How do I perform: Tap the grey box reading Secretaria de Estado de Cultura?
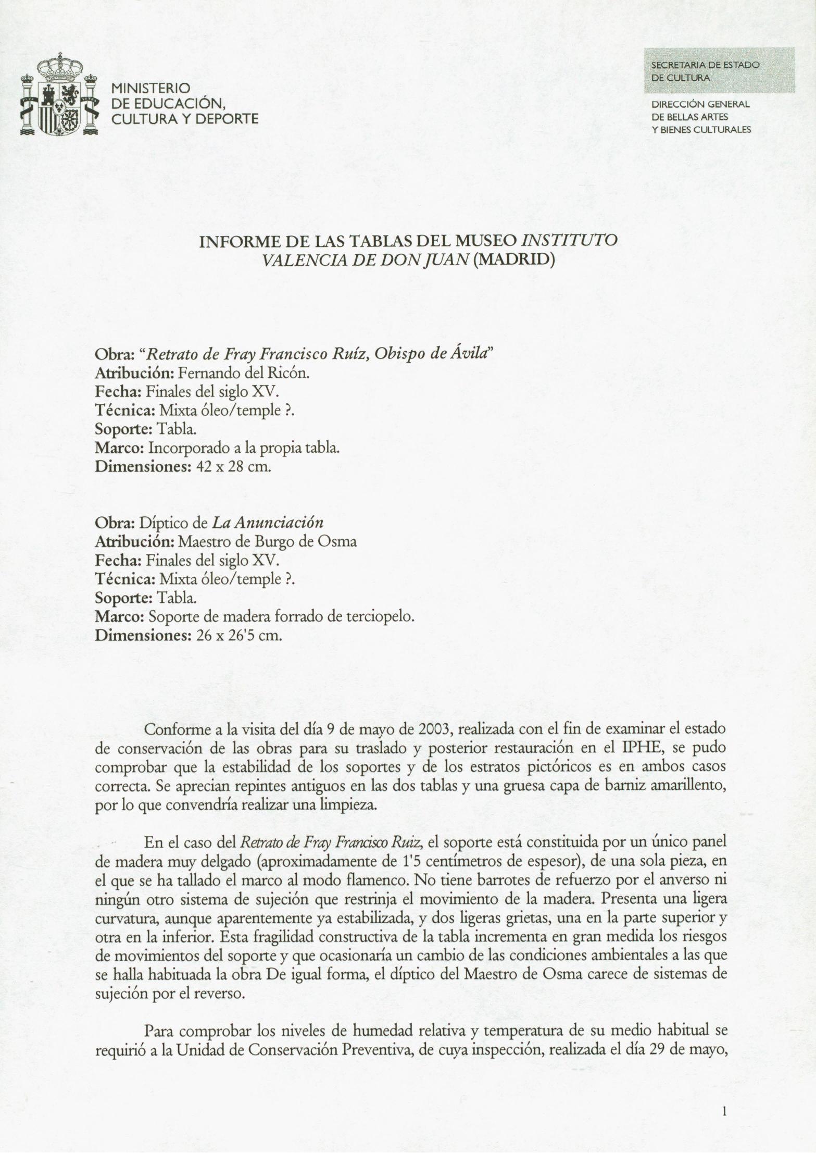click(719, 70)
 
